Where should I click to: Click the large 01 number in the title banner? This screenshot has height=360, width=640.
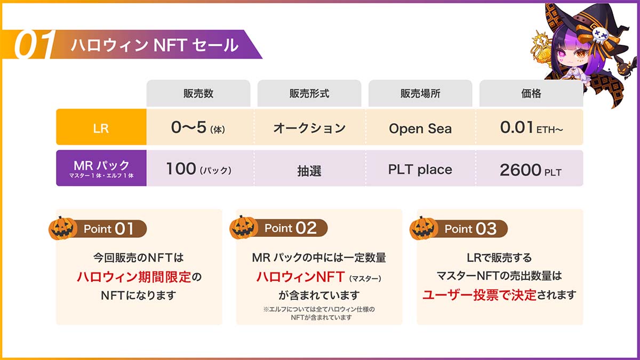click(x=34, y=45)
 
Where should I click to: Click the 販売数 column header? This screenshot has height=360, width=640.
click(x=198, y=93)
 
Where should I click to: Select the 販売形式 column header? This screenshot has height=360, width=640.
click(x=309, y=93)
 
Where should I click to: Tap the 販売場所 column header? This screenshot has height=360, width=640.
click(x=420, y=93)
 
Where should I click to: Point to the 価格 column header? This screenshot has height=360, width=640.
click(x=531, y=93)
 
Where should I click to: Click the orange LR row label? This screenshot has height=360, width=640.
click(x=101, y=127)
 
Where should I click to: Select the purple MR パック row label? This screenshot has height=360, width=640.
click(x=101, y=168)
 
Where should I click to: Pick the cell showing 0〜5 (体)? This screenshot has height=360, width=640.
click(x=198, y=127)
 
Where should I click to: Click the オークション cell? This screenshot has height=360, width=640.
click(x=309, y=127)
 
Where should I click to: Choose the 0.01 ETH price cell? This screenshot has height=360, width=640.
click(x=531, y=127)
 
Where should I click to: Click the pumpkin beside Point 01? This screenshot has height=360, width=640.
click(x=62, y=228)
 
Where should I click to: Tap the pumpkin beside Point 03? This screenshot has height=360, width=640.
click(x=423, y=228)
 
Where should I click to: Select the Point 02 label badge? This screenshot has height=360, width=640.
click(x=291, y=228)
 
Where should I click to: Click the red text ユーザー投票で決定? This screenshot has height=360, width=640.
click(x=479, y=295)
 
